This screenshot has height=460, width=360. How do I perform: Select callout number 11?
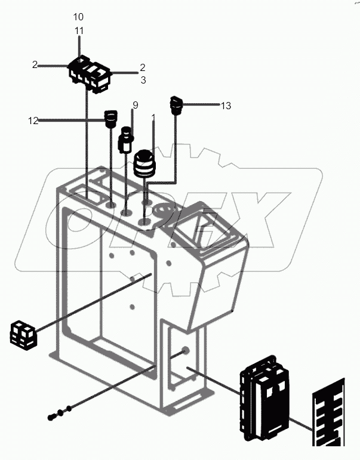pyautogui.click(x=79, y=30)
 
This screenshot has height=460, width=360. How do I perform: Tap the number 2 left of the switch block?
pyautogui.click(x=35, y=65)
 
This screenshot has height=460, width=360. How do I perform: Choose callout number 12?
pyautogui.click(x=33, y=121)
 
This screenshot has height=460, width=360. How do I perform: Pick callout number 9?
pyautogui.click(x=136, y=105)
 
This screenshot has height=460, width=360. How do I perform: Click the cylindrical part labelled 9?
pyautogui.click(x=126, y=141)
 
